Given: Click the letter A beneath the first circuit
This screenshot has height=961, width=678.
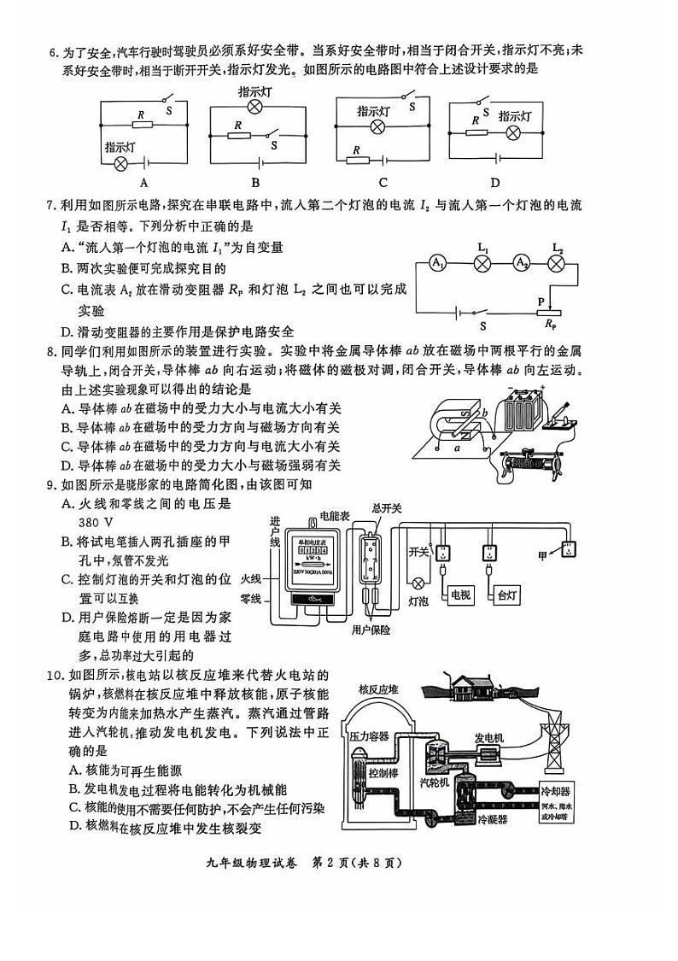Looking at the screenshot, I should click(144, 182).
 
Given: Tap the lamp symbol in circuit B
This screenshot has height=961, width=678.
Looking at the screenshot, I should click(254, 107).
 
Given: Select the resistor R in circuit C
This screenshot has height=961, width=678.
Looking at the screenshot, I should click(357, 159).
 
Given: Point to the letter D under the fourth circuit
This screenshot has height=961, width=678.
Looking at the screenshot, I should click(495, 182).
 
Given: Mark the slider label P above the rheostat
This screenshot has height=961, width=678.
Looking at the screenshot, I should click(541, 301).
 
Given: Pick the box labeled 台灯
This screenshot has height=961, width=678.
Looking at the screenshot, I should click(506, 594).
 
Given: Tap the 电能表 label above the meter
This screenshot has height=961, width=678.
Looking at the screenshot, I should click(331, 516).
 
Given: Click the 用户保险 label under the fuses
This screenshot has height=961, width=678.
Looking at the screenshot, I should click(371, 630).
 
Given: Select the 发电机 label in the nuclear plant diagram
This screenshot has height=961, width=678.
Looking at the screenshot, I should click(489, 736).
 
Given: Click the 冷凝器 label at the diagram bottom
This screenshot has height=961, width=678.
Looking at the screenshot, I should click(493, 818).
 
